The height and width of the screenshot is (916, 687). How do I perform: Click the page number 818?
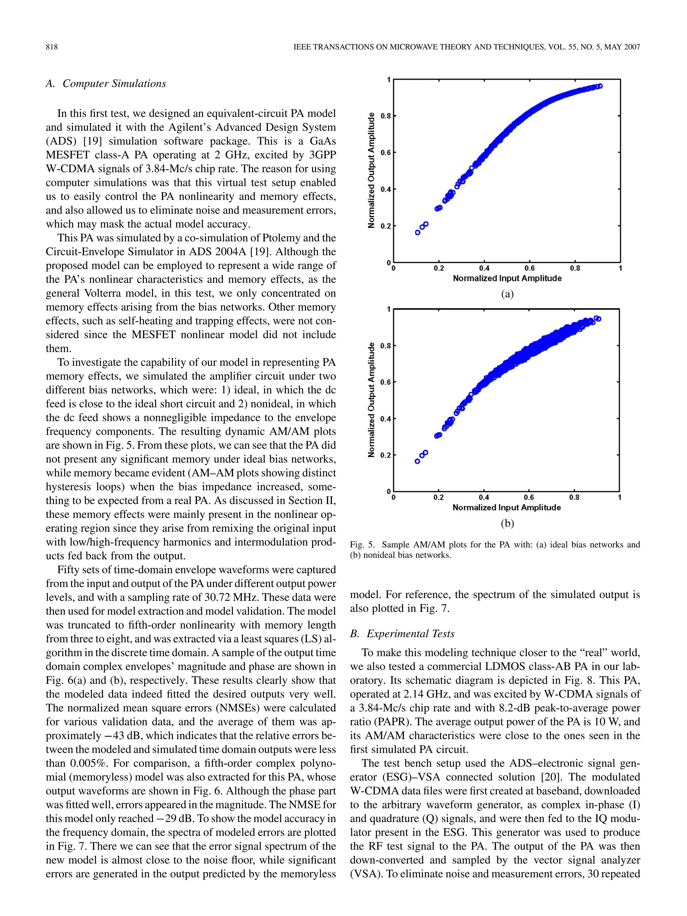[52, 47]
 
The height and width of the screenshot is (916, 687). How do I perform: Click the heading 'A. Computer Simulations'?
[106, 83]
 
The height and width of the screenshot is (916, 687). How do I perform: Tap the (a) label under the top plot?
[507, 294]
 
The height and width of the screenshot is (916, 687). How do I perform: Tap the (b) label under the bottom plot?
[507, 524]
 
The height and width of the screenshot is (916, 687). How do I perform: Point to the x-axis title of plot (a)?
[507, 278]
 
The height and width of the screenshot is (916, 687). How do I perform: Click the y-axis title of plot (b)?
[371, 399]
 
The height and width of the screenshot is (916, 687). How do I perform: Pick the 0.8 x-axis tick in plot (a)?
[575, 268]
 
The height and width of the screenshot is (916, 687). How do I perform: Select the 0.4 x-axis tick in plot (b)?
[484, 497]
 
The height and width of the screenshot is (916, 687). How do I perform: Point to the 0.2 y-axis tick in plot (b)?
[385, 455]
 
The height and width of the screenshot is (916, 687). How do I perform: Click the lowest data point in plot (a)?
[417, 232]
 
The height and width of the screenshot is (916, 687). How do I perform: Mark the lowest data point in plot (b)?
[417, 461]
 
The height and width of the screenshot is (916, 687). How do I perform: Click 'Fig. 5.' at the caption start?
[362, 545]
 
